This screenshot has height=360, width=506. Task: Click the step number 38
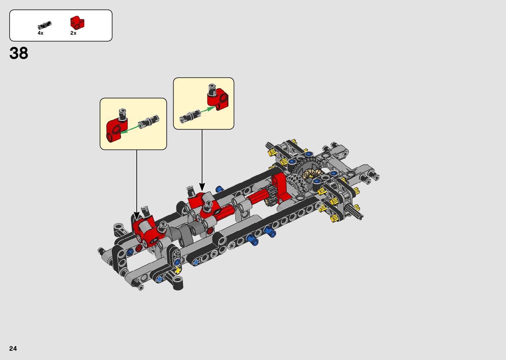(x=19, y=53)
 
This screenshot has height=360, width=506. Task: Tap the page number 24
(x=13, y=348)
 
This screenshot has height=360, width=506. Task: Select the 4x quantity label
(x=40, y=33)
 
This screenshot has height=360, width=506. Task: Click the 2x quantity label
(x=73, y=33)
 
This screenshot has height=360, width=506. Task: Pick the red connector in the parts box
(x=77, y=22)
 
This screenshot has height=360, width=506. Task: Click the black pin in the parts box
(x=45, y=25)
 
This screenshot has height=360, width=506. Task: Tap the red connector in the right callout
(x=218, y=99)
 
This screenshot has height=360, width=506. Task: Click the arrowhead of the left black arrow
(x=136, y=216)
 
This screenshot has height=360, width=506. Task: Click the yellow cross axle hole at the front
(x=178, y=270)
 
